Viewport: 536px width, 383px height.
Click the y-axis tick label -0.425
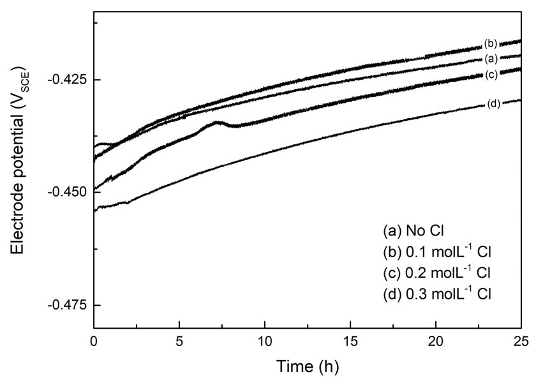(x=65, y=80)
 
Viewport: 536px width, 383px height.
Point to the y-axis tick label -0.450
(x=65, y=192)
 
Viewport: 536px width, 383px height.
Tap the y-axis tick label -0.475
(x=65, y=304)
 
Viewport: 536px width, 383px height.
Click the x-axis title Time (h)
(x=308, y=366)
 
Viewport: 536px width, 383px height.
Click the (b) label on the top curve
(x=491, y=44)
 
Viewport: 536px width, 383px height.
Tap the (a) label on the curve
(x=491, y=59)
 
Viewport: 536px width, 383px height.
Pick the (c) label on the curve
(x=491, y=75)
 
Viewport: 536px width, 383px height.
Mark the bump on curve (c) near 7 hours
(x=218, y=122)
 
